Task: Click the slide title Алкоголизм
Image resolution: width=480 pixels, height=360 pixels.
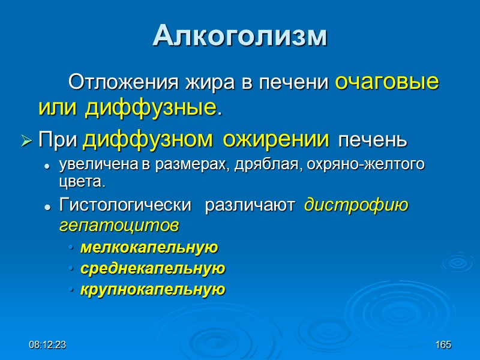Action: coord(240,36)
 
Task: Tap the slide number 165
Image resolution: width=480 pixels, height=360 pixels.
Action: coord(443,345)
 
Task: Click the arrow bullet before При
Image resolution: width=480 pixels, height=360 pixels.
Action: coord(26,141)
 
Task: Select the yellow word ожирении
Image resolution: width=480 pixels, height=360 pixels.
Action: coord(275,140)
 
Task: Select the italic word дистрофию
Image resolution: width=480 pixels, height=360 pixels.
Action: coord(356,206)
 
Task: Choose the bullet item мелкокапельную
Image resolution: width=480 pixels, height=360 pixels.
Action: coord(149,247)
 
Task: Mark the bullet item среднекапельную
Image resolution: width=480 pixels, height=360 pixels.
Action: coord(152,268)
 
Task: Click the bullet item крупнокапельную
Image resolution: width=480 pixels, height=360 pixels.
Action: coord(152,290)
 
